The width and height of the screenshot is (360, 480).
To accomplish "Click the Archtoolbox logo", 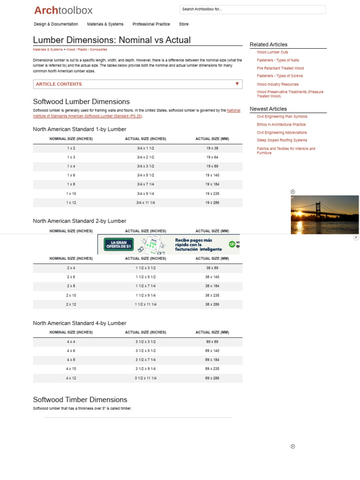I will (x=63, y=10).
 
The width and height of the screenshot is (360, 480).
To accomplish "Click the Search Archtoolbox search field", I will (x=252, y=9).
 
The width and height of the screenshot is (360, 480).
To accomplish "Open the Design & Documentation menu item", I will (x=56, y=24).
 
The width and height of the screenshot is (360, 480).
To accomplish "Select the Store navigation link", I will (x=184, y=24).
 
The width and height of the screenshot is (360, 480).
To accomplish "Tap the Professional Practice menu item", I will (x=151, y=24).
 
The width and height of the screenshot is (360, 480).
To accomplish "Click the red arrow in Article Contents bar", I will (x=237, y=84).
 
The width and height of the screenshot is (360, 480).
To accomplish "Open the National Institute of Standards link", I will (x=233, y=111).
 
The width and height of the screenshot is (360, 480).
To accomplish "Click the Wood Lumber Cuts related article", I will (x=272, y=52).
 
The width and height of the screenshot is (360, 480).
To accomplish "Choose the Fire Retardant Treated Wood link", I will (x=280, y=68).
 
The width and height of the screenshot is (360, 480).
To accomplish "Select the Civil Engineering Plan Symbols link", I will (x=282, y=117).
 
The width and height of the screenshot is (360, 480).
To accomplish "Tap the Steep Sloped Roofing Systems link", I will (x=282, y=140).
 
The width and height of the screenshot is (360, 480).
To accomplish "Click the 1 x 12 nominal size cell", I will (x=71, y=202).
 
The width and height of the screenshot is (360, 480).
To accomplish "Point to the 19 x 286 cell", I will (x=212, y=202).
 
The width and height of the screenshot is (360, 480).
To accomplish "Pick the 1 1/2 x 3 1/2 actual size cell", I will (x=145, y=268).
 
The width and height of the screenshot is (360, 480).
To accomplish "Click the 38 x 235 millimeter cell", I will (x=212, y=295).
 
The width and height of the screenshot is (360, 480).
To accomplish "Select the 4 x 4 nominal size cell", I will (x=71, y=342).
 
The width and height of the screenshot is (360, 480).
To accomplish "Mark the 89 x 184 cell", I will (x=212, y=360).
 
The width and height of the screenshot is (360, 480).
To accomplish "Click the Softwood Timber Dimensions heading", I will (x=80, y=400).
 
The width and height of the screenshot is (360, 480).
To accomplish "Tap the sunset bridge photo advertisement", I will (x=324, y=215).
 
